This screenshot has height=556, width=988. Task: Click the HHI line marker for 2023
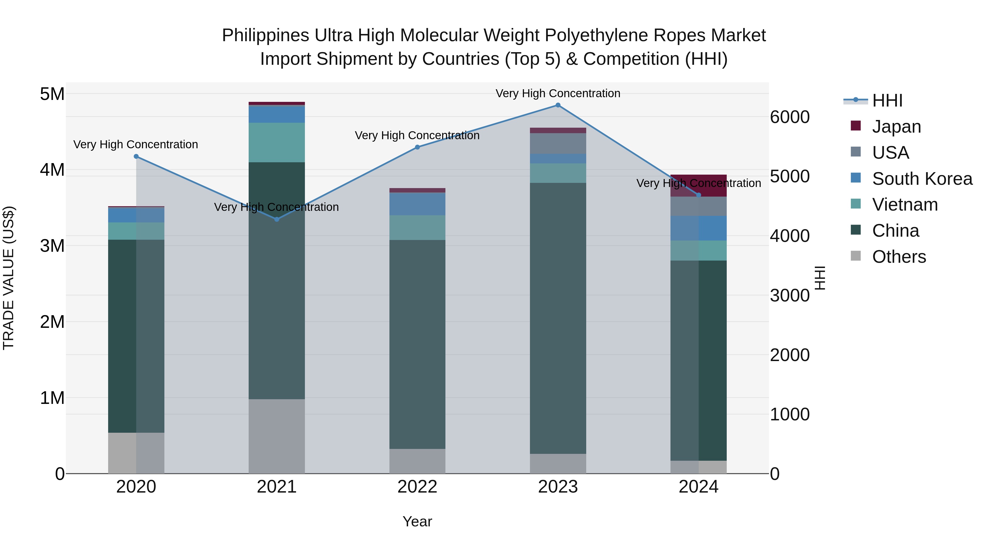tap(558, 105)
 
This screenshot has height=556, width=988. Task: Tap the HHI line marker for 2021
tap(277, 219)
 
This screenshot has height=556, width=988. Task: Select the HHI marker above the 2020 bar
tap(136, 157)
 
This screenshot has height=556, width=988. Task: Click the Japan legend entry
tap(896, 127)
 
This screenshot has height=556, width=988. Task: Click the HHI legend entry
tap(887, 100)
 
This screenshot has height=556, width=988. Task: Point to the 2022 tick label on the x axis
tap(417, 487)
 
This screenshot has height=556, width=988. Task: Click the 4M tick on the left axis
tap(52, 170)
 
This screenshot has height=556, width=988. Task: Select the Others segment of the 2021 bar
tap(277, 436)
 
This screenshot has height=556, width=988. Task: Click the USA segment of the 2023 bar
tap(558, 144)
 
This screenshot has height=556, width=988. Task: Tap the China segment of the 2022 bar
tap(417, 344)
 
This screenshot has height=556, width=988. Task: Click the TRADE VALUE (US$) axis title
tap(9, 278)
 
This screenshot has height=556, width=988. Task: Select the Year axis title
tap(417, 521)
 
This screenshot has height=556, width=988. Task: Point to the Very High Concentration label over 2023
tap(558, 93)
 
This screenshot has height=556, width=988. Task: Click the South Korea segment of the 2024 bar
tap(698, 228)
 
